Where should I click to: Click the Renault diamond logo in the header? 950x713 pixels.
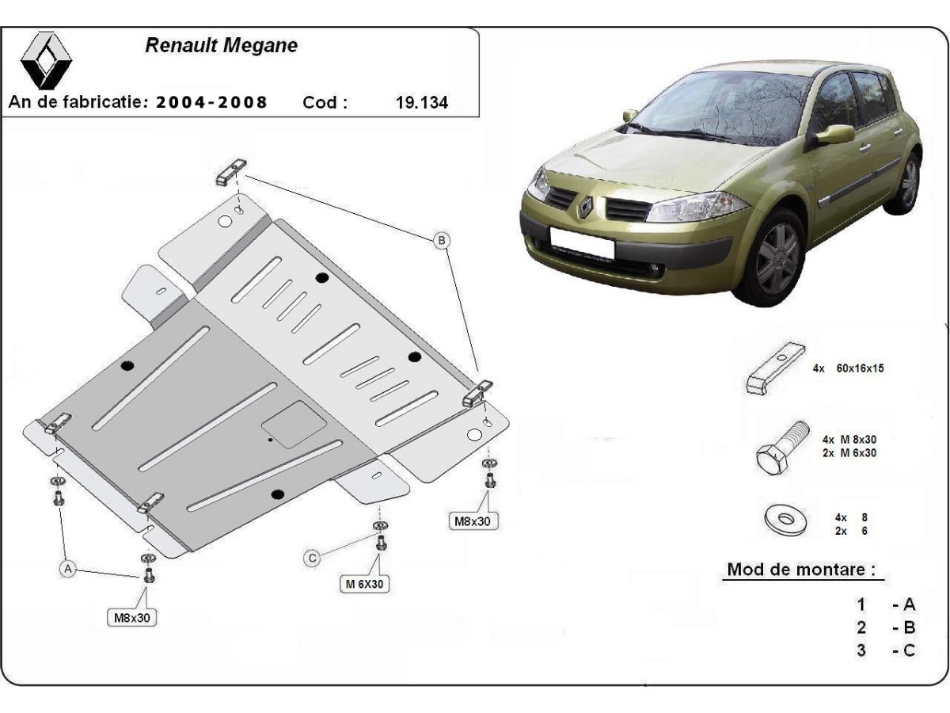point(45,61)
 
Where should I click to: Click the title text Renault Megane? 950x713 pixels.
point(222,45)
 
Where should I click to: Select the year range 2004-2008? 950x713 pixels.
point(211,102)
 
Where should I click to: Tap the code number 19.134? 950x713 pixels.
point(420,102)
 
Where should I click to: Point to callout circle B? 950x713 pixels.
point(442,239)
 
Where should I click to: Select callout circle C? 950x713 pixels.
point(313,559)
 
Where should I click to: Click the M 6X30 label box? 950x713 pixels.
point(364,584)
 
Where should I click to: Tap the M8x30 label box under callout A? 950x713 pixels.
point(131,617)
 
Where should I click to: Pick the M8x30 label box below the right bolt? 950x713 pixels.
point(473,520)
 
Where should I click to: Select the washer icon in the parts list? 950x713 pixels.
point(784,521)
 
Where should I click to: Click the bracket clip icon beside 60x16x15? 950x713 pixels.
point(775,367)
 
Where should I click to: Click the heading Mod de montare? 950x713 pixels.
point(801,569)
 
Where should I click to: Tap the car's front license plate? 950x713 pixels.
point(581,242)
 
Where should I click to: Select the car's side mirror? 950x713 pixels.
point(833,135)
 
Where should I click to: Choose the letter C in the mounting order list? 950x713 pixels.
point(908,650)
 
